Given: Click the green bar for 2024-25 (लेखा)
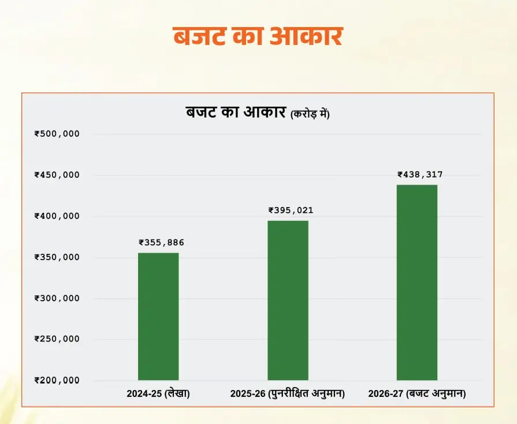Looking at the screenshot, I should point(158,316).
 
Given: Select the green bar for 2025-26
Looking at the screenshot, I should point(288,300).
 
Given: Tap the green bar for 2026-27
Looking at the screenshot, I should point(417,282).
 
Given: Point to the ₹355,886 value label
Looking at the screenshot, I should point(161,243).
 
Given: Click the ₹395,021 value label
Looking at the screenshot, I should point(291,211).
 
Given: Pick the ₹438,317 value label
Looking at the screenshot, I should point(420,174).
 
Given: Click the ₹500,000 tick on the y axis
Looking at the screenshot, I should point(57,134).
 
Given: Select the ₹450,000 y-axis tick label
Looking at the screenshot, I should point(57,175).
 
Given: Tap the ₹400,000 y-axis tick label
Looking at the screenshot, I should point(57,216).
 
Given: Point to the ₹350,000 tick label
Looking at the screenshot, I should point(57,257).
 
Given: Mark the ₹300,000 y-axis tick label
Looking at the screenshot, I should point(57,298).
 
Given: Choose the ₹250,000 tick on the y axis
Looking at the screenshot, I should point(57,339).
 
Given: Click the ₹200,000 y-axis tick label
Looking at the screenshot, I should point(57,380).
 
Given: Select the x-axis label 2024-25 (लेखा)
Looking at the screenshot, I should point(158,394).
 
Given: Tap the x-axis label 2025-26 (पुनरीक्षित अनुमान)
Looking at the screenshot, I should point(288,394).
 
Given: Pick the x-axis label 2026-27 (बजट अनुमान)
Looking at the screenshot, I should point(417,394).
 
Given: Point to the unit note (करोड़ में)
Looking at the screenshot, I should point(310,114).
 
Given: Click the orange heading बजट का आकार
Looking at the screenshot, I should point(258,36).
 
